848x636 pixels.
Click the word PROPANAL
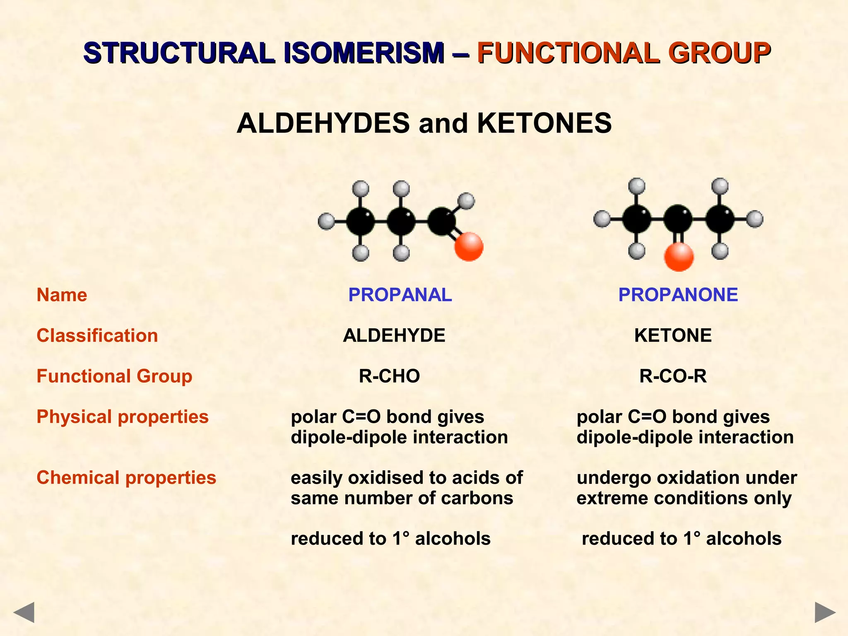[x=400, y=295]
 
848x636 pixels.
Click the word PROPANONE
[x=678, y=295]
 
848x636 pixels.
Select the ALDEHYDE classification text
[x=394, y=335]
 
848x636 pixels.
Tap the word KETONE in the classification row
[x=673, y=335]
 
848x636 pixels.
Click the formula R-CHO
[x=389, y=376]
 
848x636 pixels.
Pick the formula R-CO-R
[x=673, y=376]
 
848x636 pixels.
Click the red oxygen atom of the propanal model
[x=469, y=247]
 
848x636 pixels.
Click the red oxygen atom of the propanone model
[x=679, y=257]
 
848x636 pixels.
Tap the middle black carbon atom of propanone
[x=678, y=219]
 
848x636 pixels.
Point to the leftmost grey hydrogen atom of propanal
[x=326, y=221]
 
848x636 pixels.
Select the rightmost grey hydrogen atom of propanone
[x=755, y=219]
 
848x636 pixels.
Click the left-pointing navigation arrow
[x=24, y=612]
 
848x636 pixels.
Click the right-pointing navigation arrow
[x=825, y=612]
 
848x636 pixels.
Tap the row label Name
[x=62, y=295]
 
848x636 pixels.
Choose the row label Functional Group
[x=114, y=376]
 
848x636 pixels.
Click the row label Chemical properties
[x=126, y=477]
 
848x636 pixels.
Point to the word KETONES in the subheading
[x=544, y=123]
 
